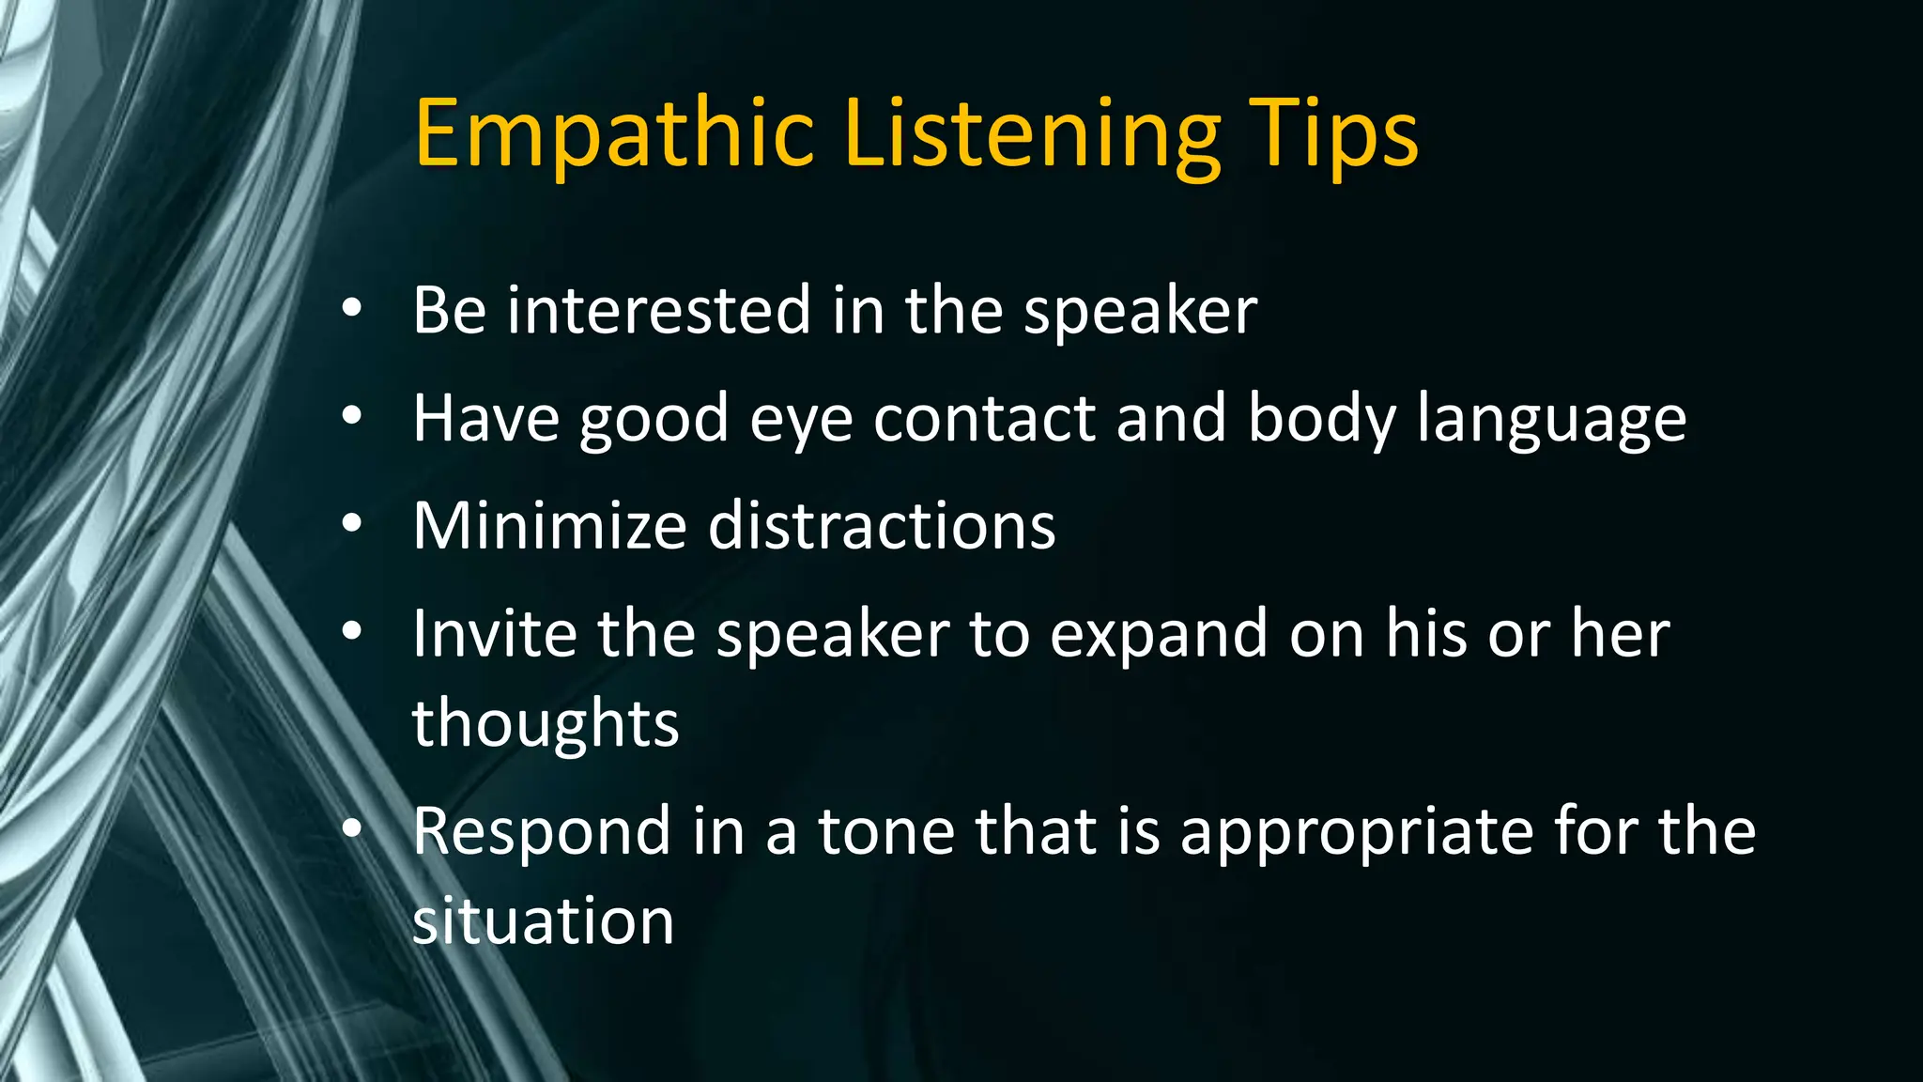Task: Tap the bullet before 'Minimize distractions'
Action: click(x=352, y=523)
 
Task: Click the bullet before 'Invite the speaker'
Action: click(x=352, y=631)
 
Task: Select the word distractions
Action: click(x=882, y=525)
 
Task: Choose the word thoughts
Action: click(x=546, y=722)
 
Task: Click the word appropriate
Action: click(x=1356, y=832)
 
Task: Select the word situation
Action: click(x=544, y=920)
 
